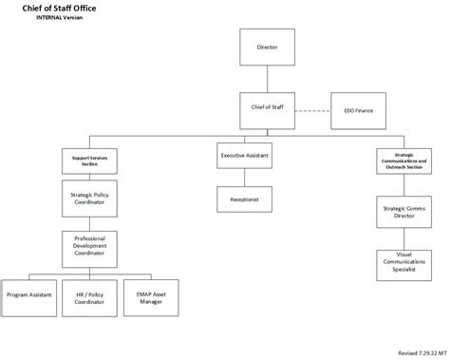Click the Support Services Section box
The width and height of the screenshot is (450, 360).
[x=90, y=161]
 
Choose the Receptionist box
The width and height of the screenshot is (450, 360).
[x=245, y=199]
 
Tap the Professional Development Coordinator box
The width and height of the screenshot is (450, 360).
[x=90, y=247]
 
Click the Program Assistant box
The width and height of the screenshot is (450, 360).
[x=28, y=295]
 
